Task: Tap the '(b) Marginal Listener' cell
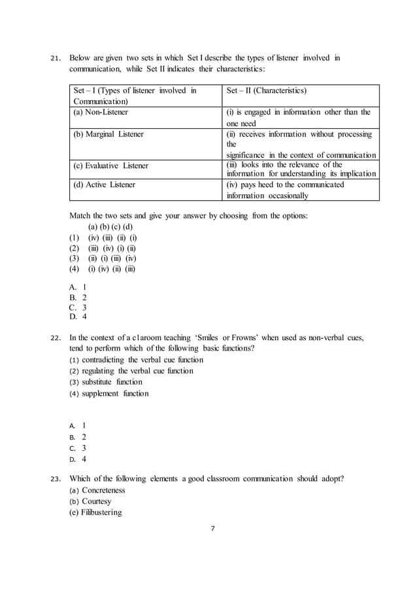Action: pyautogui.click(x=108, y=134)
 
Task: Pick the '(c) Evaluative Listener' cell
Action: pyautogui.click(x=111, y=165)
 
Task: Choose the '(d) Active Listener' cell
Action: pyautogui.click(x=105, y=184)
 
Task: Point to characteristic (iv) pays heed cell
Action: pyautogui.click(x=285, y=190)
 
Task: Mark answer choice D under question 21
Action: pyautogui.click(x=78, y=317)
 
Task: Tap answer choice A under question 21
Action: pyautogui.click(x=78, y=286)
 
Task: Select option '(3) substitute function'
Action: pyautogui.click(x=105, y=382)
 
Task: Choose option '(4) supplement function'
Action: pyautogui.click(x=108, y=393)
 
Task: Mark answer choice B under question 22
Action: pyautogui.click(x=78, y=436)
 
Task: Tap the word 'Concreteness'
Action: pyautogui.click(x=103, y=491)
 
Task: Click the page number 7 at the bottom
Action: pyautogui.click(x=212, y=529)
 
